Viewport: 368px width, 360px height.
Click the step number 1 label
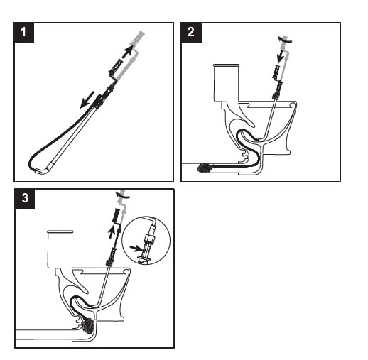(24, 32)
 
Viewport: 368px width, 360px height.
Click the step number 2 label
(191, 32)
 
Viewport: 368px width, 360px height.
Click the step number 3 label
(24, 198)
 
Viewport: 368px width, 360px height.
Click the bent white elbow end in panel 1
(38, 170)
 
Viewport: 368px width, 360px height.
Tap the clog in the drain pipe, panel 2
(207, 169)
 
